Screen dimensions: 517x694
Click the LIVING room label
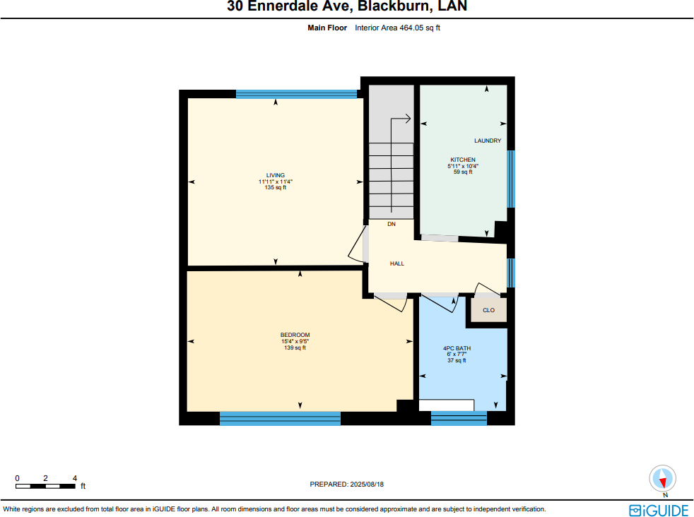pos(275,175)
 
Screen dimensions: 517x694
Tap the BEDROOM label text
pos(295,335)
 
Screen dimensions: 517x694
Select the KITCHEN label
pos(463,160)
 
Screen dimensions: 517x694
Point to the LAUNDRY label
pos(488,141)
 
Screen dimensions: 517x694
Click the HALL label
pos(397,263)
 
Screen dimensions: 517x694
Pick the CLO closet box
pos(488,310)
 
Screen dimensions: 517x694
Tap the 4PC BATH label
pos(457,348)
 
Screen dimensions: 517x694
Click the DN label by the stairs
pos(392,224)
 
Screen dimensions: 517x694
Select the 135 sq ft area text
pos(275,188)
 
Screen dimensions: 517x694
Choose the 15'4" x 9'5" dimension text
pos(295,341)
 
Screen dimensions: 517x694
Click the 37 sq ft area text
pos(457,361)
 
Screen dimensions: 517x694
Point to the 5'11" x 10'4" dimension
pos(463,166)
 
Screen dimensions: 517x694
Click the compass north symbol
pos(663,479)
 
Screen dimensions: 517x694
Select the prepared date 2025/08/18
pos(346,485)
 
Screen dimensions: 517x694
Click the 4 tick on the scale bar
pos(74,478)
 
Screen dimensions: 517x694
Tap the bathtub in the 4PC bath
pos(446,405)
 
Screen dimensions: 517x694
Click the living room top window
pos(296,94)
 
